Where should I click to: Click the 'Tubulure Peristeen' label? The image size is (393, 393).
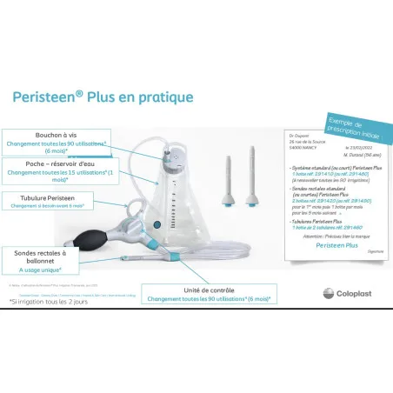point(52,197)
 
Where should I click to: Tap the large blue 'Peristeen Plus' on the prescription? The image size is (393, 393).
point(323,244)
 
